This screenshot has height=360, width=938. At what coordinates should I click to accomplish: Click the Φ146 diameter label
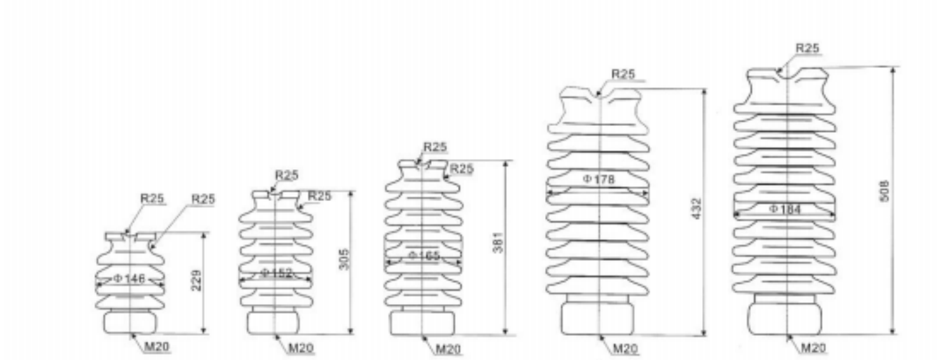tap(130, 279)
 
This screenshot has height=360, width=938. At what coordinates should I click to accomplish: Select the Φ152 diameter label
tap(276, 273)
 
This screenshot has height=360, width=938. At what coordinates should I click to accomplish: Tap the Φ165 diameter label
tap(424, 256)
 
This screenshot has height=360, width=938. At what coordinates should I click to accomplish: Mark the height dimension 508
tap(883, 191)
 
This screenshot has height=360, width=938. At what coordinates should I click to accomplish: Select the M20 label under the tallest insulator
tap(813, 348)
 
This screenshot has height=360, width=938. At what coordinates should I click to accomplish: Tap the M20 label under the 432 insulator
tap(626, 349)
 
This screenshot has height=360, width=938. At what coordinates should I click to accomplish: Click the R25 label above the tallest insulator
tap(808, 48)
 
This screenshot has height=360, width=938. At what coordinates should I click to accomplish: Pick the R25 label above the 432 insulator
tap(623, 74)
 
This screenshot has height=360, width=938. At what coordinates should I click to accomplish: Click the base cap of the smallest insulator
tap(130, 322)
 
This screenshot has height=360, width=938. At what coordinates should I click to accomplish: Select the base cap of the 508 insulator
tap(787, 318)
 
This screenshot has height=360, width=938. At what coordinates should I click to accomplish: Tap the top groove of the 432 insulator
tap(598, 95)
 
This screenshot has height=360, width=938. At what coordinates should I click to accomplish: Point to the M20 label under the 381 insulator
tap(449, 349)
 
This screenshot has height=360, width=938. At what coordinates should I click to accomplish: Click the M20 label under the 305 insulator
tap(301, 349)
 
